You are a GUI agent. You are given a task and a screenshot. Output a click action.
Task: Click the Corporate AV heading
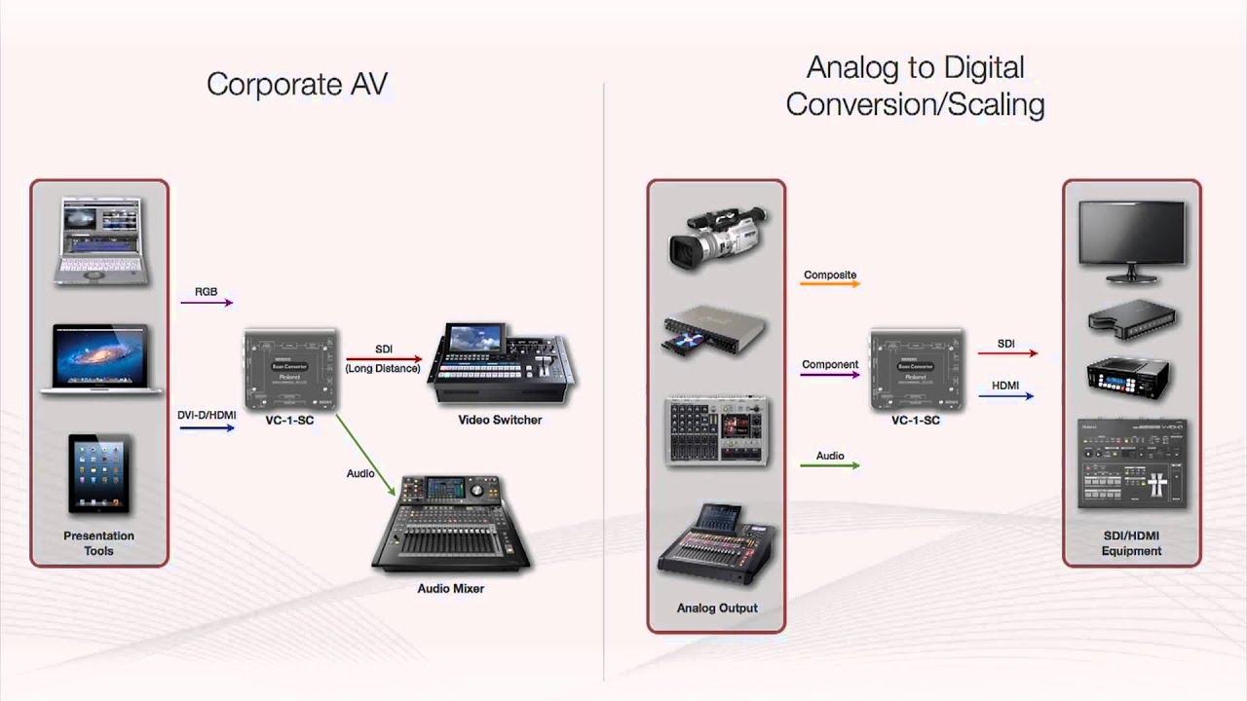297,85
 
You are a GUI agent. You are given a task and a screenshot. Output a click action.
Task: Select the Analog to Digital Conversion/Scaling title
915,86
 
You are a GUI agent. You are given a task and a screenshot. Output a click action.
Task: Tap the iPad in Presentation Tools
98,473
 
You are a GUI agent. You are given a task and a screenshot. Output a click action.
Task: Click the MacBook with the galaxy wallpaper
101,358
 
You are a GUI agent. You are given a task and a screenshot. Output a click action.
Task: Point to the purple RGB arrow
207,303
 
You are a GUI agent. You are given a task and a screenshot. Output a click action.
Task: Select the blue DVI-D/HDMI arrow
207,427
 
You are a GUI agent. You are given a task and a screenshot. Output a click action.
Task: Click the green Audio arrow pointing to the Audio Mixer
366,455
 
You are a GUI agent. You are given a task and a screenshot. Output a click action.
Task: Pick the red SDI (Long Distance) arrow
384,359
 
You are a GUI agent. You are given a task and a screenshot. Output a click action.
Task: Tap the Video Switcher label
500,420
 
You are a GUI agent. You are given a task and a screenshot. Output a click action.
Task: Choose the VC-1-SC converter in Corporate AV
289,371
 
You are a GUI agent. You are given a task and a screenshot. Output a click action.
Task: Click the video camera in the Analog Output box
717,237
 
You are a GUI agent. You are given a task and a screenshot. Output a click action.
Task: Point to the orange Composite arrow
829,286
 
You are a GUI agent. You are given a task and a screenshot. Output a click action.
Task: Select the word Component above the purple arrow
830,364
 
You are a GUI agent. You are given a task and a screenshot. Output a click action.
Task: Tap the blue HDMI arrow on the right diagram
1005,396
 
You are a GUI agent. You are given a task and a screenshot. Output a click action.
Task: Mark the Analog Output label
717,609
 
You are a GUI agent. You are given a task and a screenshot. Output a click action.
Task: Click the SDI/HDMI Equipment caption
1131,543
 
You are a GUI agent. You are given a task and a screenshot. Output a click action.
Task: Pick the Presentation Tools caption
98,543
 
